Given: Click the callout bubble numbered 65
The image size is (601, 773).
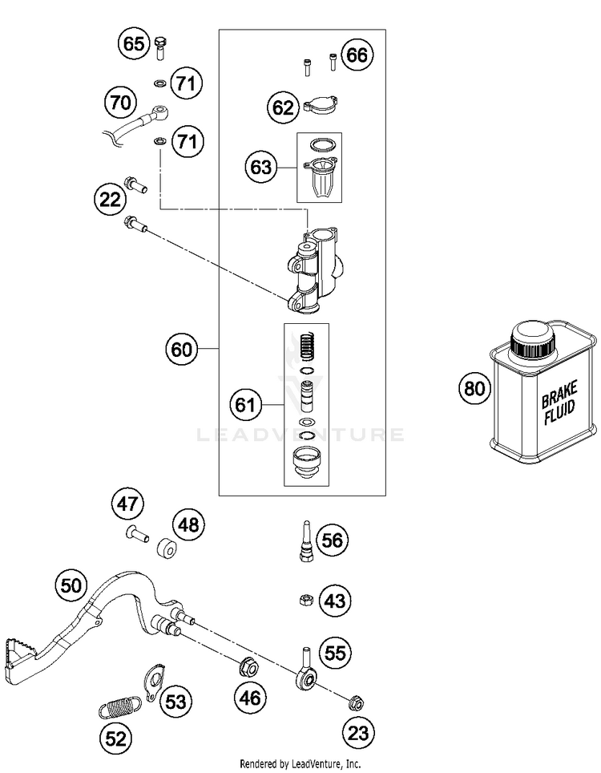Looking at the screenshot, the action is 134,44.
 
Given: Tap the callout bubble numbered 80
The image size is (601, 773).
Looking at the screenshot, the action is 474,388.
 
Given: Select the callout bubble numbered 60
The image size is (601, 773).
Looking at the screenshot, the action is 181,350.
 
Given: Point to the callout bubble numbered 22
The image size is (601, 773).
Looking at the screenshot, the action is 110,200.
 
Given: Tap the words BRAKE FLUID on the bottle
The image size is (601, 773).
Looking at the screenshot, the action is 559,403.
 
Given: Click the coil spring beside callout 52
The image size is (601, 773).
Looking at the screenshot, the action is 119,707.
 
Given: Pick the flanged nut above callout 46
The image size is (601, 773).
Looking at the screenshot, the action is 249,668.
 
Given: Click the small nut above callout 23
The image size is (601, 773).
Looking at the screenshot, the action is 355,702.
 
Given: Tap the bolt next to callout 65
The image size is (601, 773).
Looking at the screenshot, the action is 160,48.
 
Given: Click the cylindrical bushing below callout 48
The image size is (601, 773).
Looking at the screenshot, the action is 167,548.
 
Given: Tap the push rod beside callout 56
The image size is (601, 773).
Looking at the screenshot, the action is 306,540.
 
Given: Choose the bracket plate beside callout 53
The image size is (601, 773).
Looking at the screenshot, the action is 155,682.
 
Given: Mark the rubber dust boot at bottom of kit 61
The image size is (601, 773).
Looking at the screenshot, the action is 306,463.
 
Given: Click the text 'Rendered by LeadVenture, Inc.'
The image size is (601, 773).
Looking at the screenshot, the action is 300,763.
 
